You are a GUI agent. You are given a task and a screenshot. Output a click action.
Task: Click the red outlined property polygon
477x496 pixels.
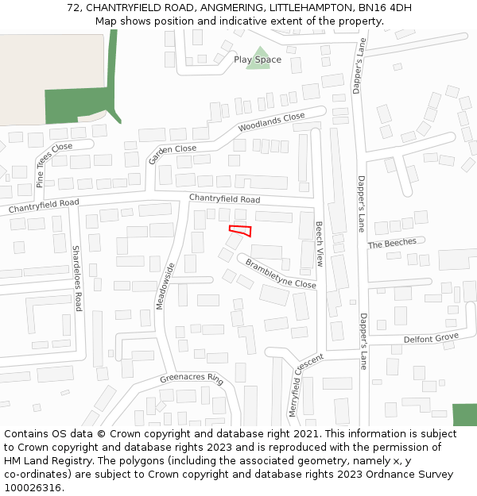point(241,231)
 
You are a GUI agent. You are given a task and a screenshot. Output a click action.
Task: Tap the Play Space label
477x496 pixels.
point(258,60)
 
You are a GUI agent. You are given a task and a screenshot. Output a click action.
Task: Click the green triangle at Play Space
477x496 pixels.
point(258,63)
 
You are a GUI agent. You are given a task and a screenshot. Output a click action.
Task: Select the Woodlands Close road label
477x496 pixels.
point(271,122)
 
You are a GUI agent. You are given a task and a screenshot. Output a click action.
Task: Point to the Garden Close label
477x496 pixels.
point(172,154)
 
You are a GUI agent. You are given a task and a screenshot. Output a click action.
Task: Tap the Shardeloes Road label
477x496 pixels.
point(77,278)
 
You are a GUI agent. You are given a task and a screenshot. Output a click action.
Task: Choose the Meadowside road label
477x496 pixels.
point(165,286)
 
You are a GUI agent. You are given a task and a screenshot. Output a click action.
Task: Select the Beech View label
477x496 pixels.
point(320,244)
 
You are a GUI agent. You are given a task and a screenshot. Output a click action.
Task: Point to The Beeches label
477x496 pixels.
point(392,244)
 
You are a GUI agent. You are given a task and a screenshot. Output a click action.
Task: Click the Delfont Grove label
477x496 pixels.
point(431,339)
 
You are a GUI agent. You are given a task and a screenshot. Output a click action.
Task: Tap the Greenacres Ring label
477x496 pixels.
point(192,378)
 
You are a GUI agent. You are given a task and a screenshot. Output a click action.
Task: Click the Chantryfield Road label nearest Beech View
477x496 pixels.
point(224,198)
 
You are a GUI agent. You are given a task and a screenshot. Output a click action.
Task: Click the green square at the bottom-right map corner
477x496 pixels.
point(464,415)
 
